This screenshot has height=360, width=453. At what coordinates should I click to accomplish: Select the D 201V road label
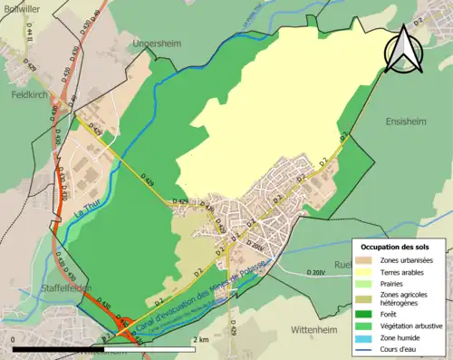(x=316, y=272)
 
